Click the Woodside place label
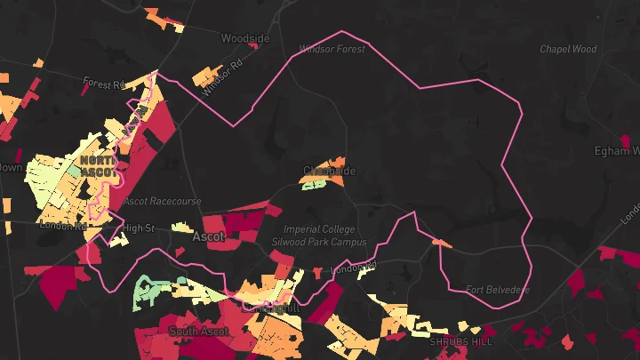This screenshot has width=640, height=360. [x=244, y=39]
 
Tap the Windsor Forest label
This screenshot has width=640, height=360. [x=332, y=50]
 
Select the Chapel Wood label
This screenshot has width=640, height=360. [x=568, y=50]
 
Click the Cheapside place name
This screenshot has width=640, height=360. [x=329, y=171]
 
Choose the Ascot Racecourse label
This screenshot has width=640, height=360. [x=163, y=202]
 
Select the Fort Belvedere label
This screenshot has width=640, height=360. [x=497, y=290]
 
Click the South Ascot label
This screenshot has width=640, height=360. [x=198, y=332]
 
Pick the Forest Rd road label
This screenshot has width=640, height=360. [x=104, y=84]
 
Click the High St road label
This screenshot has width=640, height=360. [x=140, y=228]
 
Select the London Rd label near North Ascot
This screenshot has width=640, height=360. [x=62, y=226]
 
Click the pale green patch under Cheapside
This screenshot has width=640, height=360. [x=314, y=185]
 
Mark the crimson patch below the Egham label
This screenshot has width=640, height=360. [x=628, y=141]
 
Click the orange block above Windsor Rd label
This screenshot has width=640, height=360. [x=208, y=74]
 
